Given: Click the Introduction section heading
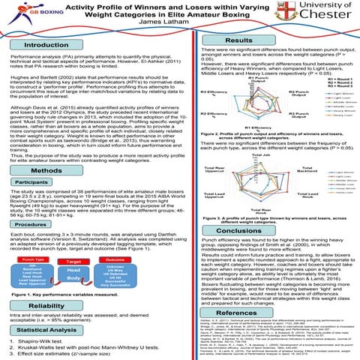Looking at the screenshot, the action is (x=50, y=46).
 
